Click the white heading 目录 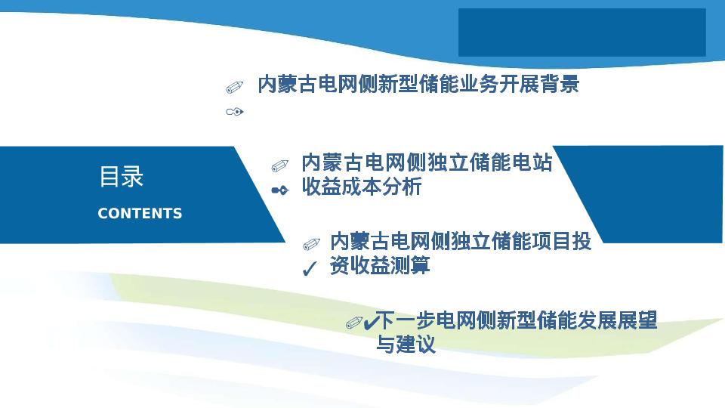tap(121, 177)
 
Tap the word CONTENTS tap(140, 213)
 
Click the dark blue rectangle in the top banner tap(582, 32)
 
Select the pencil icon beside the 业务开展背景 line tap(234, 87)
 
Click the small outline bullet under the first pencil tap(234, 112)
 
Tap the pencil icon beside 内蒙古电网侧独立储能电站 tap(279, 165)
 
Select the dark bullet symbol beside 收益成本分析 tap(279, 190)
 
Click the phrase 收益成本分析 tap(362, 187)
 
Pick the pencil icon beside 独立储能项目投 tap(311, 244)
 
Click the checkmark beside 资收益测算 tap(310, 268)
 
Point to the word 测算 tap(410, 265)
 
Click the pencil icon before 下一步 tap(354, 323)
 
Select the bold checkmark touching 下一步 tap(371, 322)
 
